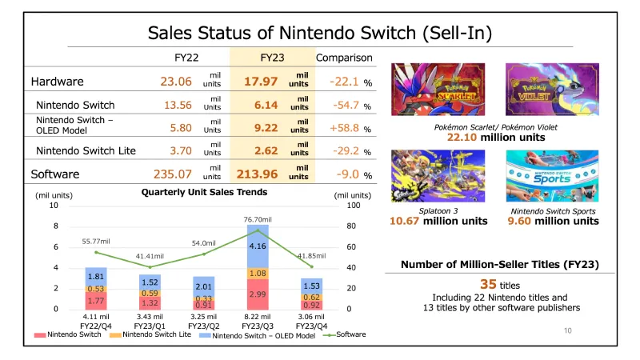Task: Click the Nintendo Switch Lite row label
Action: [86, 150]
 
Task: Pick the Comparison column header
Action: [344, 58]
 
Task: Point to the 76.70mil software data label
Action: [258, 219]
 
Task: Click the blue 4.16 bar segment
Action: [258, 246]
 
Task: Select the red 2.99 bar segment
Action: [258, 294]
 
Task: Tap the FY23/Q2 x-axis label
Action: [203, 326]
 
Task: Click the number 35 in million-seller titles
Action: [488, 284]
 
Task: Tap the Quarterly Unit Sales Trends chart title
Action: [204, 192]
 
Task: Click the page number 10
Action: [569, 329]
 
